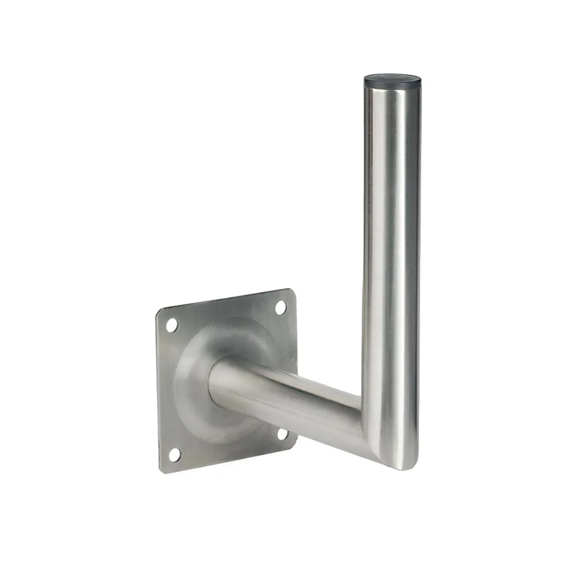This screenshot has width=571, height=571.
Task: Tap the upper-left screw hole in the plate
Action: point(172,325)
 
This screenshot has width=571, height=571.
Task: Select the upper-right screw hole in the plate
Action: point(280,307)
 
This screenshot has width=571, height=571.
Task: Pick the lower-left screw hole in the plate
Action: point(174,455)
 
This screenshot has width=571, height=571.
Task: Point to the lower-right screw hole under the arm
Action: point(282,434)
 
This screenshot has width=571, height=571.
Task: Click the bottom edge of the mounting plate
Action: point(228,460)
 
